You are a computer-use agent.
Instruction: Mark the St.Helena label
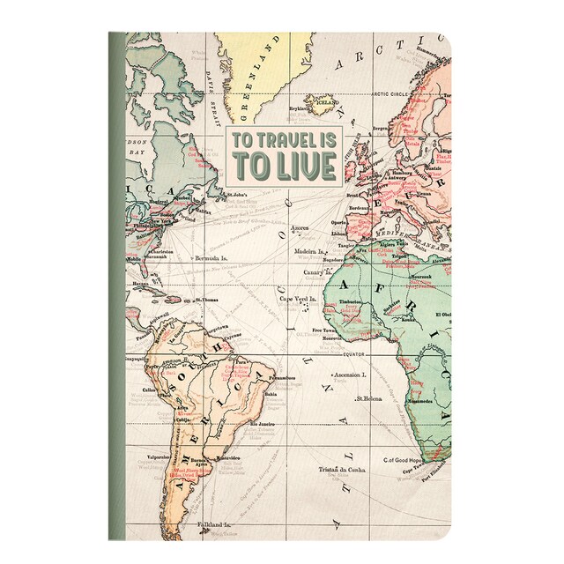pyautogui.click(x=373, y=422)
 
